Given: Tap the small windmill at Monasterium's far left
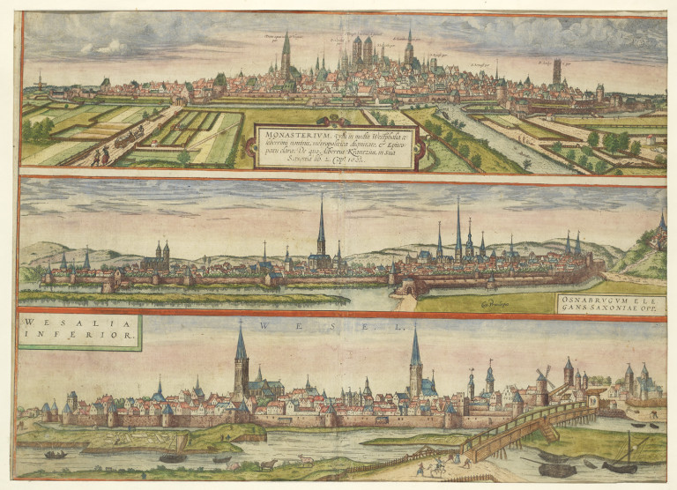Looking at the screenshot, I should [38, 82].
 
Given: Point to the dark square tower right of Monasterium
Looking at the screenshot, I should [556, 72].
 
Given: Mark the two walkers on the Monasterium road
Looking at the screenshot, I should [97, 159].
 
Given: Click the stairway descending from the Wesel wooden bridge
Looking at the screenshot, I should [548, 431].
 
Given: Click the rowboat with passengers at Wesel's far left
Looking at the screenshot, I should [56, 455].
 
